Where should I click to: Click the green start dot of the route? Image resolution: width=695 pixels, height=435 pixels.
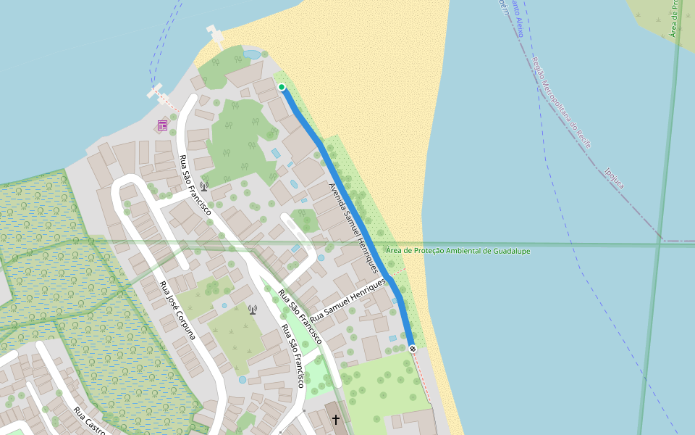tap(282, 87)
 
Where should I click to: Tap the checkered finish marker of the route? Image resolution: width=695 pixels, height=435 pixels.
tap(413, 349)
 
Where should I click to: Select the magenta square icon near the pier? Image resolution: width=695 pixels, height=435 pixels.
tap(162, 125)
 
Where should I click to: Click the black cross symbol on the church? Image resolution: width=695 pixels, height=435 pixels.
tap(336, 419)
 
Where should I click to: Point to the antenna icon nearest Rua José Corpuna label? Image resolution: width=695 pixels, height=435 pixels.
tap(253, 310)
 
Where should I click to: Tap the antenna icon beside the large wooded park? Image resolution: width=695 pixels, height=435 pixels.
tap(204, 186)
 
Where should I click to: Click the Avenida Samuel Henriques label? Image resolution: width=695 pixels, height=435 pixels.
tap(354, 227)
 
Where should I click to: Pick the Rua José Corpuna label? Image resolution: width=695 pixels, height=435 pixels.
tap(178, 310)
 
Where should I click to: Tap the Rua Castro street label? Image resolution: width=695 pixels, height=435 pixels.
tap(90, 421)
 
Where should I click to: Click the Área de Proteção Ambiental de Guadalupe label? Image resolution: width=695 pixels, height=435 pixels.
tap(458, 251)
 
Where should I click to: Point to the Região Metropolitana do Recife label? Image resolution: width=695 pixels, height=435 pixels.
tap(562, 102)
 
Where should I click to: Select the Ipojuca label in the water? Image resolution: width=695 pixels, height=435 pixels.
tap(613, 178)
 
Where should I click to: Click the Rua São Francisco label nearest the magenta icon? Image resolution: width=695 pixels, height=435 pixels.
tap(195, 186)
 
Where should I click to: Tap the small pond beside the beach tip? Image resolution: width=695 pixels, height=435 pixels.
tap(251, 54)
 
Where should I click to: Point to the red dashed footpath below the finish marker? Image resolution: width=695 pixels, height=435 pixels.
tap(422, 377)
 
